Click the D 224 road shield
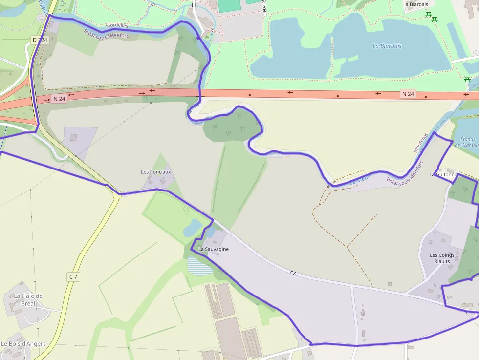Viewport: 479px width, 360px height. pyautogui.click(x=40, y=40)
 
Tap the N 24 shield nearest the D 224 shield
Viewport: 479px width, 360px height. pyautogui.click(x=59, y=99)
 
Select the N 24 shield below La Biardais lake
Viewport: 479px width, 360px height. pyautogui.click(x=408, y=93)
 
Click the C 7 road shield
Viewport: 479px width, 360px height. pyautogui.click(x=73, y=277)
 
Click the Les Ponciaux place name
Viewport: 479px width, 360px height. pyautogui.click(x=156, y=172)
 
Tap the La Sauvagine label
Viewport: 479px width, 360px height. pyautogui.click(x=214, y=249)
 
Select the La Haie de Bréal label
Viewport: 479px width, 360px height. pyautogui.click(x=28, y=299)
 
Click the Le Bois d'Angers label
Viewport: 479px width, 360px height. pyautogui.click(x=23, y=344)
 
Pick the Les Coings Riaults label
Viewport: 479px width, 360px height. pyautogui.click(x=442, y=258)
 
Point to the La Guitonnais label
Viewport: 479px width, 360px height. pyautogui.click(x=444, y=174)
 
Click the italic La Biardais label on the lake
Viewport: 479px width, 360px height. pyautogui.click(x=387, y=46)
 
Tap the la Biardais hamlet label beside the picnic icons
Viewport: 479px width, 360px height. pyautogui.click(x=416, y=4)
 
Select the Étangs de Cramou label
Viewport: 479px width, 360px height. pyautogui.click(x=466, y=142)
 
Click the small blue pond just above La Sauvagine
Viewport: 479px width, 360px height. pyautogui.click(x=192, y=227)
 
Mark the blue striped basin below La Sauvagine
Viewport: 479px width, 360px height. pyautogui.click(x=199, y=266)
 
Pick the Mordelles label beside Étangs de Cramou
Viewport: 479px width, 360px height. pyautogui.click(x=421, y=143)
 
